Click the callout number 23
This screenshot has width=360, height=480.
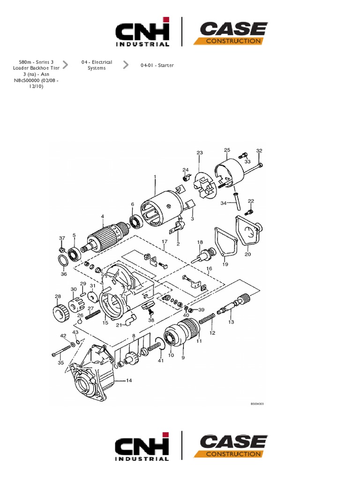199,153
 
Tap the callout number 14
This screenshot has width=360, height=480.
128,381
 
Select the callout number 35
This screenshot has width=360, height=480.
60,362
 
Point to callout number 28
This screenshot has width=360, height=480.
58,296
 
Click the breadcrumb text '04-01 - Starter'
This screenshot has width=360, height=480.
157,66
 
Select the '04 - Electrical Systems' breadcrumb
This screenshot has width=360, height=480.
97,65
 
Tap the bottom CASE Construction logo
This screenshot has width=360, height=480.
231,447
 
